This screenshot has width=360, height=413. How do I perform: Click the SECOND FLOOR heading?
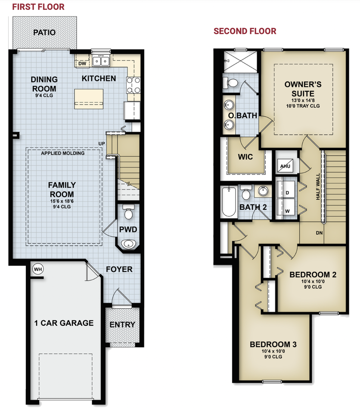coord(245,31)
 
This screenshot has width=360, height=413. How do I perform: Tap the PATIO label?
coord(45,32)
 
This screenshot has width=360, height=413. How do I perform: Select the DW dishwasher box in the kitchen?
coord(82,64)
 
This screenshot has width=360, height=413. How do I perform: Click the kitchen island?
coord(90,98)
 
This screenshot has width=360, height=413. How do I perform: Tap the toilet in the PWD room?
coord(128,213)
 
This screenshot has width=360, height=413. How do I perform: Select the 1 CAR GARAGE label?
coord(64,323)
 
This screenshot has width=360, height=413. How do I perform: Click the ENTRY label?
coord(122,324)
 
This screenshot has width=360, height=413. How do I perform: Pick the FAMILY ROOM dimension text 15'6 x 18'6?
coord(61,201)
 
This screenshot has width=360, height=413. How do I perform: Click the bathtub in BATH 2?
coord(228,202)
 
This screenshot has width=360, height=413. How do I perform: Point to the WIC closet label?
coord(245,157)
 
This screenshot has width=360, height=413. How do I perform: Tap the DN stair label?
coord(320,233)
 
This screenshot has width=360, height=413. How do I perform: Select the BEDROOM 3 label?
coord(273,344)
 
